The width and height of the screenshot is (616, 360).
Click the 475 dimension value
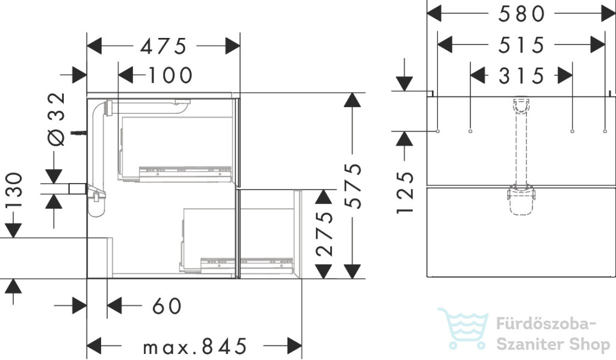(x=164, y=46)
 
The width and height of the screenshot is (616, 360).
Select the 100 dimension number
(x=170, y=75)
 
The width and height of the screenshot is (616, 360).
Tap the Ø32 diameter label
(x=56, y=119)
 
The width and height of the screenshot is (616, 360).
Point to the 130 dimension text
(x=14, y=191)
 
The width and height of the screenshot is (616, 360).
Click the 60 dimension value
(x=167, y=306)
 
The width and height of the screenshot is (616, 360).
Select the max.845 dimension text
(x=195, y=346)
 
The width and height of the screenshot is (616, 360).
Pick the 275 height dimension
(x=324, y=234)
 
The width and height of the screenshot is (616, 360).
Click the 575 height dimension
(x=353, y=185)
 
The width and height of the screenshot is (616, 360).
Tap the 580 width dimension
(x=522, y=14)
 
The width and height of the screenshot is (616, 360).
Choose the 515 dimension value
(x=522, y=45)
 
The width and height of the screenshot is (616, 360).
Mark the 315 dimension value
(x=522, y=75)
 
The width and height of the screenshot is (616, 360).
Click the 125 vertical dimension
(x=405, y=193)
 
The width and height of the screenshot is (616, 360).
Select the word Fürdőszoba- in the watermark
(x=546, y=324)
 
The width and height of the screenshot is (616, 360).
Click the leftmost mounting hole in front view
(x=438, y=131)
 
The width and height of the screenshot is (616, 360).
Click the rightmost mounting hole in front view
(x=605, y=131)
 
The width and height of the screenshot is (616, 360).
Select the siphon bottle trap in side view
(x=97, y=201)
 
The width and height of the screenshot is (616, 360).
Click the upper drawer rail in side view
(x=185, y=173)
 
